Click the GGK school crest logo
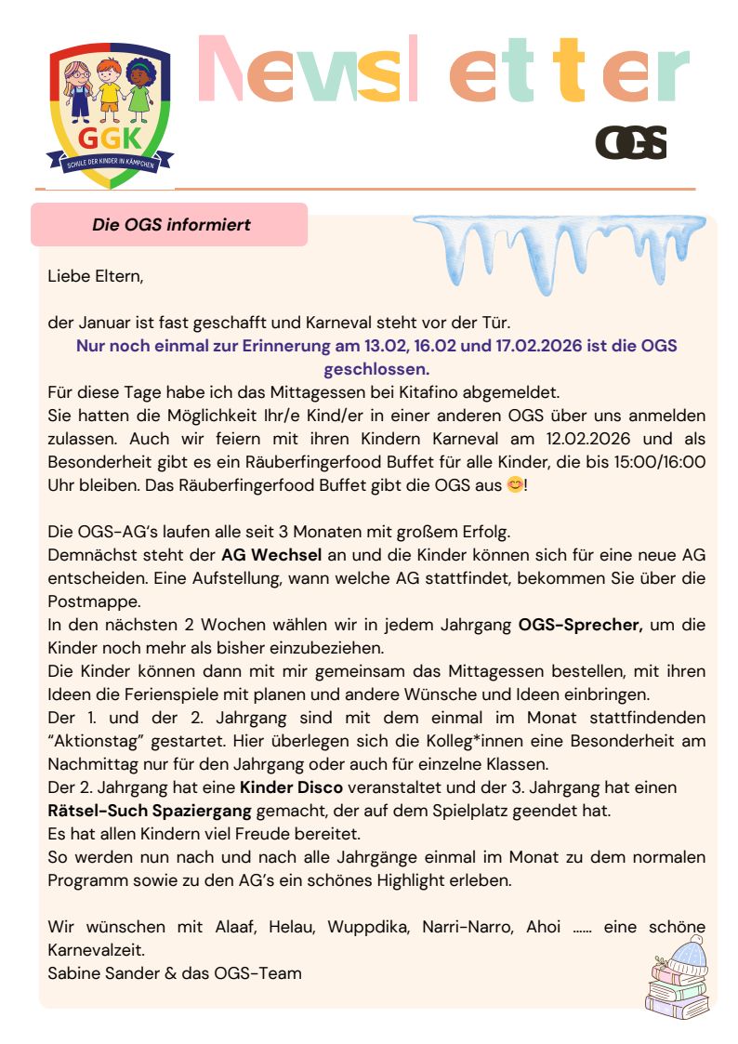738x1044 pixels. point(110,114)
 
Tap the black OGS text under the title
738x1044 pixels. point(631,142)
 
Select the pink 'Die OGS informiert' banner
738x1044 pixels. point(170,224)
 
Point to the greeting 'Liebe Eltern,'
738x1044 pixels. point(96,276)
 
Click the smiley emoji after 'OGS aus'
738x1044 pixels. point(513,484)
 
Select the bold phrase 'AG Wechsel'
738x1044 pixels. point(270,555)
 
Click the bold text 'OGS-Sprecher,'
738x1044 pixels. point(580,625)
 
